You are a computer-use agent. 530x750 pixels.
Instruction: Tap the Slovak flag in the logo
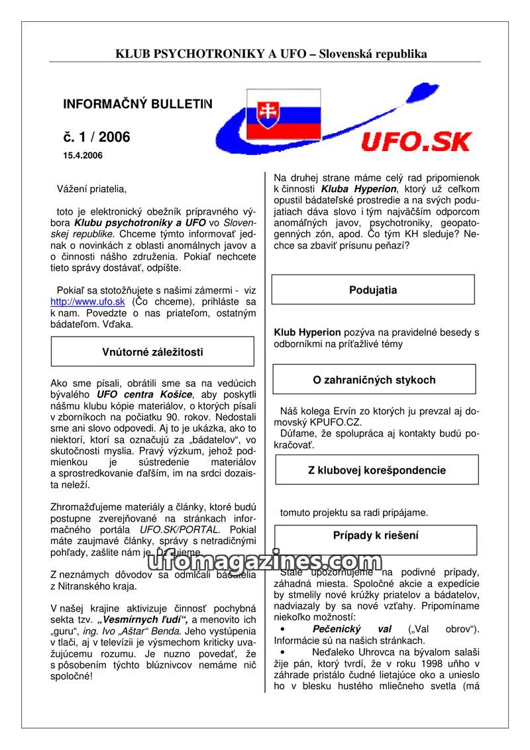pos(284,113)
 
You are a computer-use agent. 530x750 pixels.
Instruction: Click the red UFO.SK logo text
pos(416,141)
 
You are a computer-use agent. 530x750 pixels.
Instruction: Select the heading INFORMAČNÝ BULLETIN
pos(138,105)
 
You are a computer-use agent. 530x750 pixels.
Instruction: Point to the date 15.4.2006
pos(83,156)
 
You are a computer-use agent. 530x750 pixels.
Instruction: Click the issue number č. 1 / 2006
pos(97,137)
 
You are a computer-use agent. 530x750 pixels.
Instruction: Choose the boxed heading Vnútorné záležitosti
pos(152,352)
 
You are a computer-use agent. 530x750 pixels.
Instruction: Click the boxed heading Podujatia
pos(373,290)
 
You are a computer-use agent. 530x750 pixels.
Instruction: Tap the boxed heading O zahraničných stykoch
pos(374,380)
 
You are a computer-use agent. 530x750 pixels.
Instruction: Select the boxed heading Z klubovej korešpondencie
pos(376,470)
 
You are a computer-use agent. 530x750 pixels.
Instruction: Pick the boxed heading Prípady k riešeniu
pos(376,535)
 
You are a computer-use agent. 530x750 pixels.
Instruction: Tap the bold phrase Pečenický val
pos(351,629)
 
